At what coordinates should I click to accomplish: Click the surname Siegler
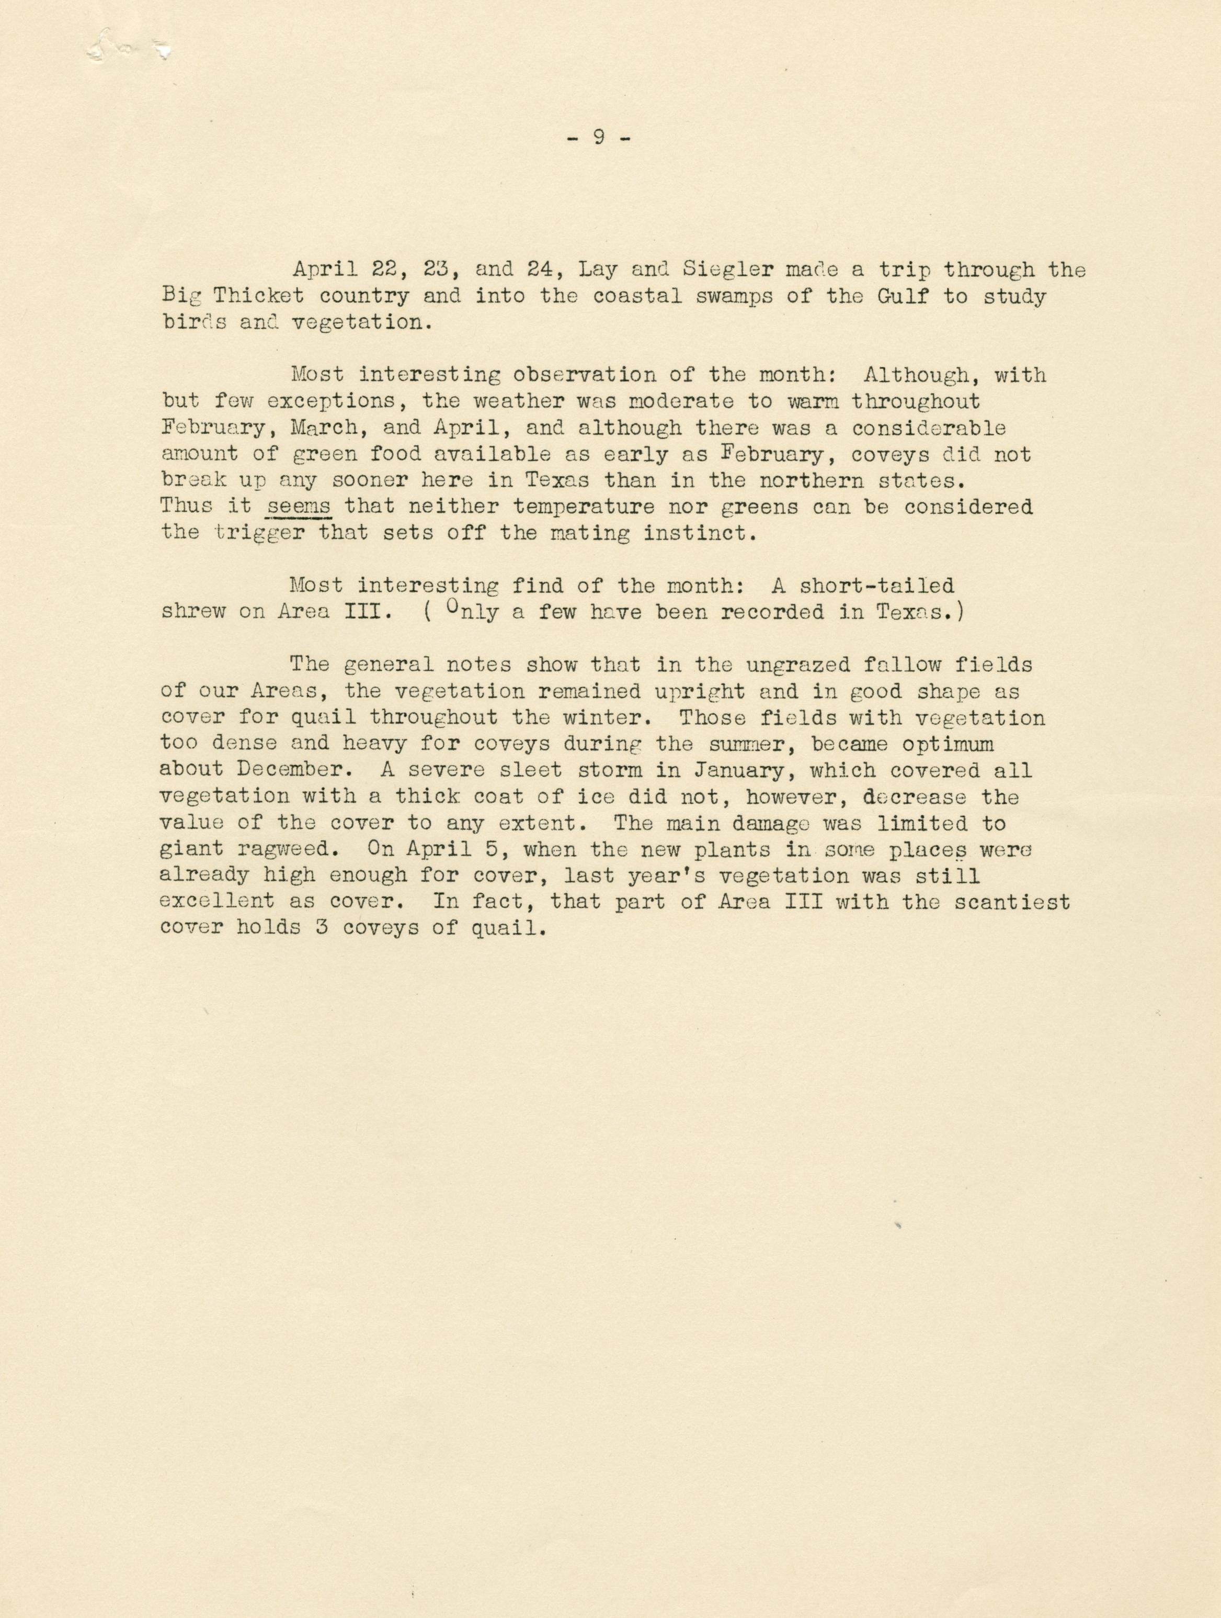pyautogui.click(x=727, y=270)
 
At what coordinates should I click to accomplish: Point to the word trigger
pyautogui.click(x=258, y=533)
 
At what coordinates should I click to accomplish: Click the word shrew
pyautogui.click(x=193, y=612)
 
